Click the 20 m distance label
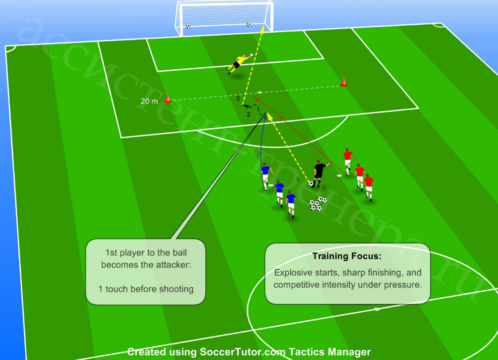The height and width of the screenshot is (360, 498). [x=149, y=101]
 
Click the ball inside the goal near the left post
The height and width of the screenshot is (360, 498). [x=188, y=26]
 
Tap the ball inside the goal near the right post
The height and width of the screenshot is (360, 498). [x=249, y=24]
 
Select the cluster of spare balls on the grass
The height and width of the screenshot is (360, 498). [x=318, y=204]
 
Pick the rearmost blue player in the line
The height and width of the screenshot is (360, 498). [x=290, y=204]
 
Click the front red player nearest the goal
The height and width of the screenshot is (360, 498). [x=348, y=161]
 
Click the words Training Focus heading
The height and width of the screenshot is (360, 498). [x=347, y=256]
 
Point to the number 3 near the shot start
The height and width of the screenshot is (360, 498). [x=238, y=99]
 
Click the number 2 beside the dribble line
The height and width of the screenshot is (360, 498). [x=249, y=115]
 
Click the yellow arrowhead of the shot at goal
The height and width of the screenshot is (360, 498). [x=263, y=29]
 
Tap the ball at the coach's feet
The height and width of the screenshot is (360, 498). [x=310, y=184]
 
